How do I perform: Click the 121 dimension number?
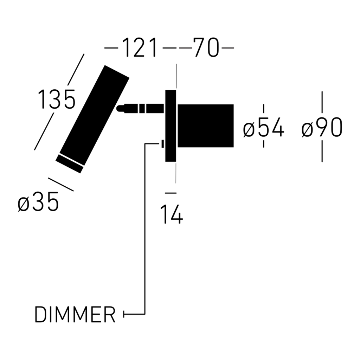pos(140,48)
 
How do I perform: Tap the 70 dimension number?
pos(206,48)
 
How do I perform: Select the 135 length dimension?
pos(57,99)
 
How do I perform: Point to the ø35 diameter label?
pos(38,201)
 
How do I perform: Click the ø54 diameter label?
pos(264,127)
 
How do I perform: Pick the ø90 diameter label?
pos(322,127)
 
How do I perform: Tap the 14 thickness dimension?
pos(172,214)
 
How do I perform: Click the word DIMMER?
pos(75,315)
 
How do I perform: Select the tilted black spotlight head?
pos(92,119)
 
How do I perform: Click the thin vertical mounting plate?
pos(171,126)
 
